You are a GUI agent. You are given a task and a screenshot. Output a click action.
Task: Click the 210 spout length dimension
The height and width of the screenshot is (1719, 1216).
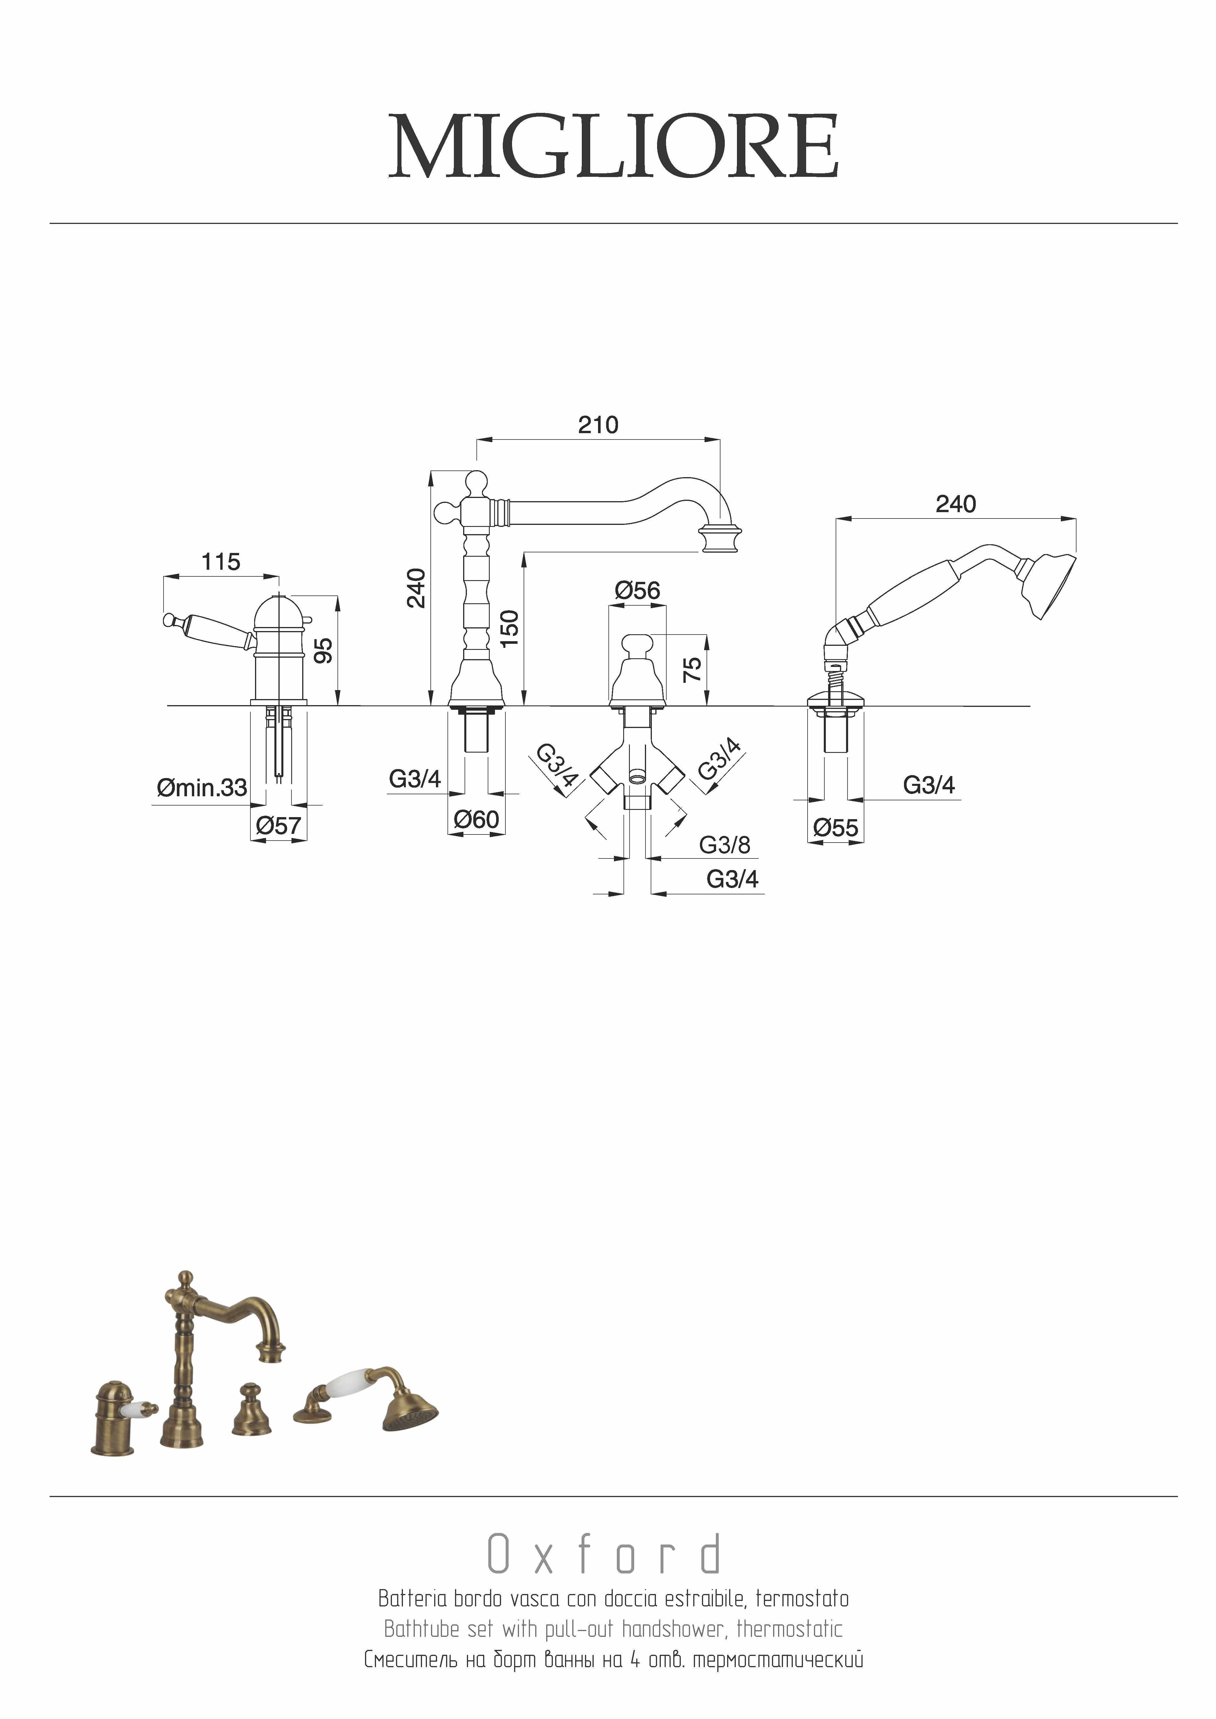(x=598, y=425)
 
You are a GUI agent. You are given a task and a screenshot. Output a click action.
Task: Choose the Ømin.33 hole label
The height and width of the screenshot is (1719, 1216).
(x=202, y=788)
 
